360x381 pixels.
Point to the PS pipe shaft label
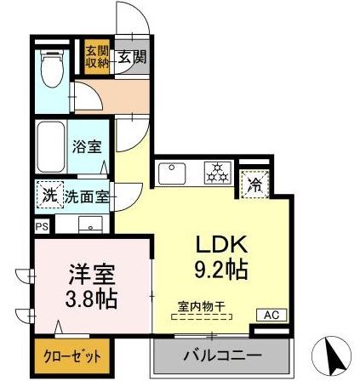pyautogui.click(x=42, y=226)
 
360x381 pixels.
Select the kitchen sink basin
pyautogui.click(x=174, y=174)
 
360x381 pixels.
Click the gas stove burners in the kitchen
pyautogui.click(x=216, y=175)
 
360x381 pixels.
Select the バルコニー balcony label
pyautogui.click(x=220, y=356)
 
